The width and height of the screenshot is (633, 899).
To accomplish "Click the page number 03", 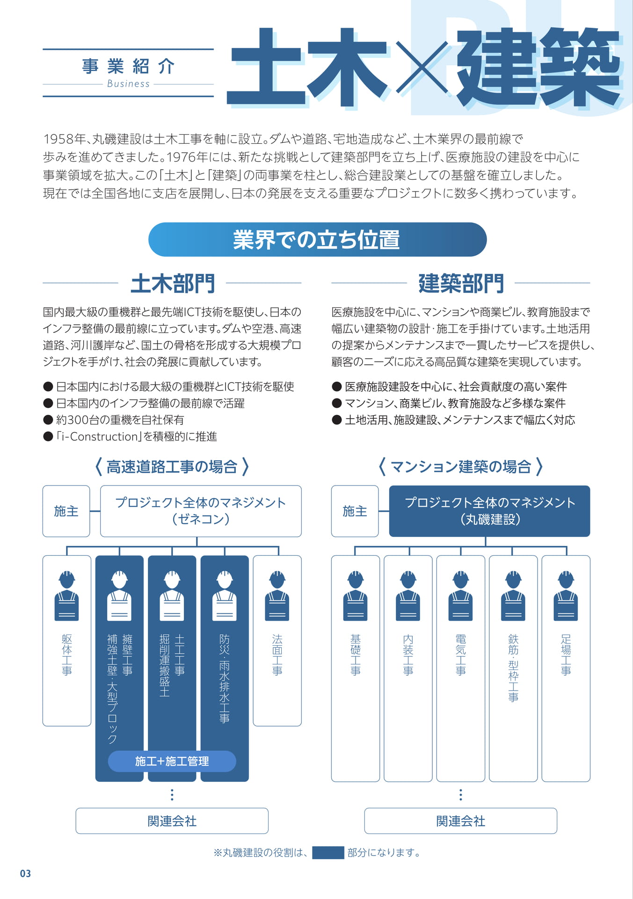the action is click(25, 873).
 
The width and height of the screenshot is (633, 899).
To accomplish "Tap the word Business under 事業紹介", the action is click(128, 84).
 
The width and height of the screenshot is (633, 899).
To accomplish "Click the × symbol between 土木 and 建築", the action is click(422, 66).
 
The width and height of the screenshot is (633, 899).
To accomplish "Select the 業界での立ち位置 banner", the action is click(317, 239).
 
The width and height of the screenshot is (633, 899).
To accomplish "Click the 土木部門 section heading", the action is click(173, 283).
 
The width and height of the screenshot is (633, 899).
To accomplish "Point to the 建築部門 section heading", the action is click(461, 283).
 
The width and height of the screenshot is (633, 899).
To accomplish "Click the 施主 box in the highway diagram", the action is click(66, 511).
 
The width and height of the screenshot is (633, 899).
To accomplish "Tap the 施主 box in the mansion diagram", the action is click(355, 511).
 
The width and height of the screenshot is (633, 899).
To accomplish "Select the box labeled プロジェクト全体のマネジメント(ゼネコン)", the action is click(201, 511).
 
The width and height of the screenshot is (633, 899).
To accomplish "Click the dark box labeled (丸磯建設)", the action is click(489, 511).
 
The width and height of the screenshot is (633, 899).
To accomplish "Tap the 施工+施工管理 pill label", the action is click(172, 761).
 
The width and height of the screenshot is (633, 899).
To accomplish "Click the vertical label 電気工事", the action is click(461, 655).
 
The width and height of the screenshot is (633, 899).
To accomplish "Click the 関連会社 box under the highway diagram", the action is click(172, 821).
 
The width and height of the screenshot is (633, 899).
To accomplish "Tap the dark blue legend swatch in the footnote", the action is click(328, 853).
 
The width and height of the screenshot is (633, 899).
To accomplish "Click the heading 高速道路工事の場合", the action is click(172, 467).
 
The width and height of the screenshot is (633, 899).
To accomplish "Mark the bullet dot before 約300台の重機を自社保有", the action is click(48, 420).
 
